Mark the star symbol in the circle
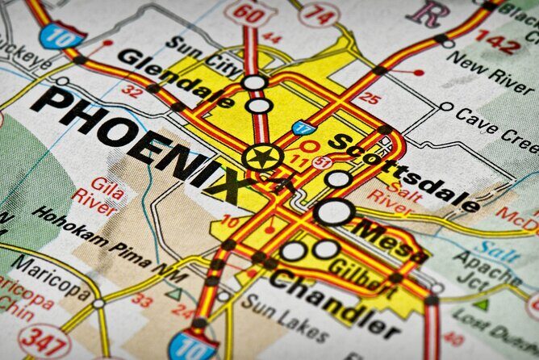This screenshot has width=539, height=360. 261,157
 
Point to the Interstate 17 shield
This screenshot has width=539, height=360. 303,128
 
